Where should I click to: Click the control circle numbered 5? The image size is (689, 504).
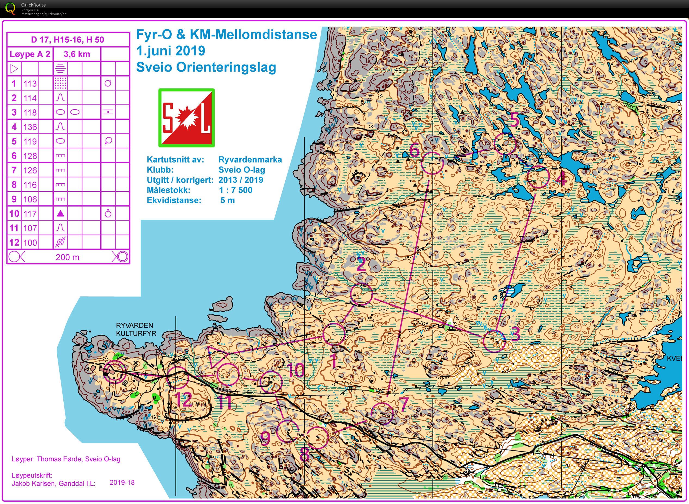point(505,143)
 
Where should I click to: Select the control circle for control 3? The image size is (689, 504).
point(494,341)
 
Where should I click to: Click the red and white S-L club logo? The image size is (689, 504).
point(186,118)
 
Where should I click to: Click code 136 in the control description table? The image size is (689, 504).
point(30,127)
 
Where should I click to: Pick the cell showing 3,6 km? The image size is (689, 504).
point(77,54)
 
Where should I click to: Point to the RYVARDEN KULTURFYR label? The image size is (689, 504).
point(136,329)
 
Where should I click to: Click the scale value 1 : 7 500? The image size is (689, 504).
point(235,190)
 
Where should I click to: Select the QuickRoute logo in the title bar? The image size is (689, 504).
point(10,8)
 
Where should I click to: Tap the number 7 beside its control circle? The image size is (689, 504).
point(404,404)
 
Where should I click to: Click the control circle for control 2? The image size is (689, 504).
point(361,294)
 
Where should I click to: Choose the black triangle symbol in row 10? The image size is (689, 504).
point(60,213)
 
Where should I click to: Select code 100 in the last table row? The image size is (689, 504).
point(30,242)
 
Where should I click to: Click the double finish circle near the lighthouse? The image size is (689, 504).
point(115,371)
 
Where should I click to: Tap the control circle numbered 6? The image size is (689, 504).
point(432,163)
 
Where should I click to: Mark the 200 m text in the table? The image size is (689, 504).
point(67,257)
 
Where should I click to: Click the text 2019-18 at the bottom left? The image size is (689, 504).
point(122,482)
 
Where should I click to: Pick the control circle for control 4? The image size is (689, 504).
point(538,177)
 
